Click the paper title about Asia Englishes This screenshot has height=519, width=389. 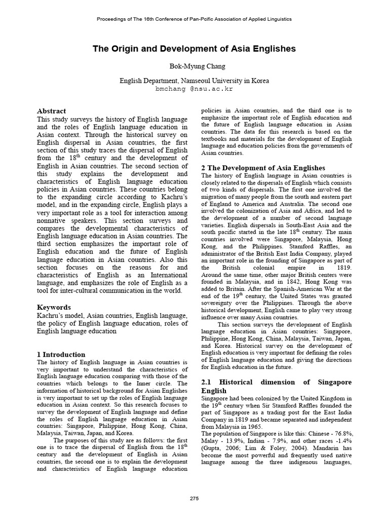[x=194, y=49]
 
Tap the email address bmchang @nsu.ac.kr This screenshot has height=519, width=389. [x=194, y=88]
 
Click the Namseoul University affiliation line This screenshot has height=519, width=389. [x=194, y=80]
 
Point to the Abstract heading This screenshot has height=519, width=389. [x=52, y=111]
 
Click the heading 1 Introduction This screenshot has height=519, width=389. [x=61, y=354]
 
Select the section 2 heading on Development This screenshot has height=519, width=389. [x=263, y=168]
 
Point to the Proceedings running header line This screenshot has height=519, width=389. [x=194, y=19]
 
